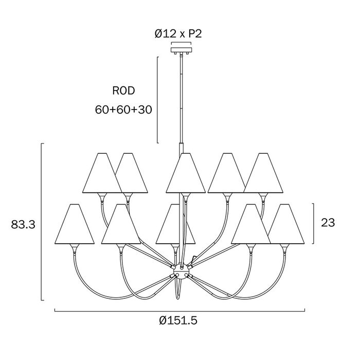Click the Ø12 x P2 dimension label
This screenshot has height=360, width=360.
point(178,34)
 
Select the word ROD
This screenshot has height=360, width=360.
point(123,91)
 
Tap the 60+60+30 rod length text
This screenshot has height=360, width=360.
point(123,110)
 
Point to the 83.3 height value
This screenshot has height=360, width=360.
point(23,224)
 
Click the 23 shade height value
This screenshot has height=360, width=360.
point(328,223)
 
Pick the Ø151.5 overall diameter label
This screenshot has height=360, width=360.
point(178,320)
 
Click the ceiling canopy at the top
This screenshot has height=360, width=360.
point(181,50)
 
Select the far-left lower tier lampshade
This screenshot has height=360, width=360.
point(75,224)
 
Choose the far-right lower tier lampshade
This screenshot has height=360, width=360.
point(285,224)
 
